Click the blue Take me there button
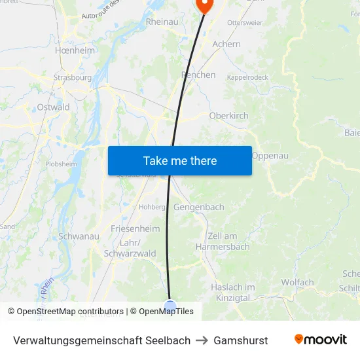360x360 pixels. click(x=180, y=160)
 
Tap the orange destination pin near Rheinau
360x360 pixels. click(x=204, y=5)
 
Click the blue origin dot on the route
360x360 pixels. click(x=170, y=306)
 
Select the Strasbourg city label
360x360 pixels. click(x=72, y=77)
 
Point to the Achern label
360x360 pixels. click(x=226, y=44)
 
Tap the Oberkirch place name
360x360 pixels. click(x=228, y=116)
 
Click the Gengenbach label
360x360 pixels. click(x=198, y=207)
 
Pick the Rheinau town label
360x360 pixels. click(x=162, y=22)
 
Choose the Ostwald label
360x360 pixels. click(x=53, y=107)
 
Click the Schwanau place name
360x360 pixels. click(x=79, y=236)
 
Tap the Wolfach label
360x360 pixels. click(x=297, y=283)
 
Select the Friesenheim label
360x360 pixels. click(x=135, y=228)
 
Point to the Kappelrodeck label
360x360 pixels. click(x=247, y=77)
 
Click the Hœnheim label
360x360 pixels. click(x=75, y=50)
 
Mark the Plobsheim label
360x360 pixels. click(x=61, y=164)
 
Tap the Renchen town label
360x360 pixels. click(x=198, y=75)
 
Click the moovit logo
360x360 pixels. click(x=320, y=340)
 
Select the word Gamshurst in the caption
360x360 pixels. click(x=240, y=340)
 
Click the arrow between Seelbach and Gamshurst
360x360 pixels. click(x=202, y=340)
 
